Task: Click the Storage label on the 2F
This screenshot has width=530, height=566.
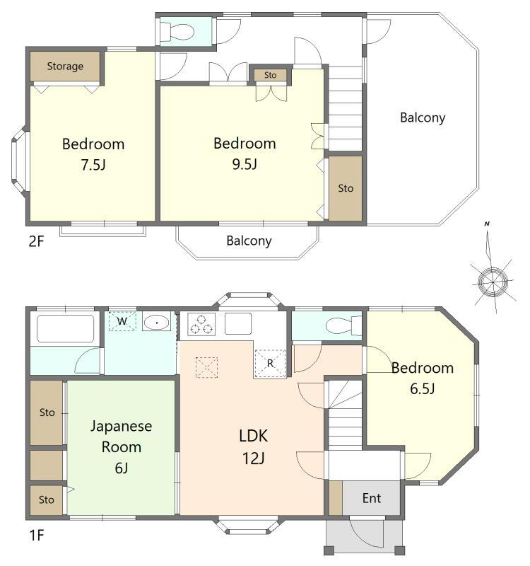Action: tap(65, 67)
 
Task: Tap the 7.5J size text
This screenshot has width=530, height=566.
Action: tap(93, 165)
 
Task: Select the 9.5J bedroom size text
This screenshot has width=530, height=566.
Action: tap(245, 164)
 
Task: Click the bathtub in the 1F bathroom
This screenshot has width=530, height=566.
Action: tap(66, 328)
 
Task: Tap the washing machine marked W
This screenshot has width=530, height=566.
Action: tap(122, 321)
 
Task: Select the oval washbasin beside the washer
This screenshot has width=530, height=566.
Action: tap(156, 323)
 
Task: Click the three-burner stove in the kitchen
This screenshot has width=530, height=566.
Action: tap(201, 324)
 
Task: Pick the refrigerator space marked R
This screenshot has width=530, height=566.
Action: tap(270, 364)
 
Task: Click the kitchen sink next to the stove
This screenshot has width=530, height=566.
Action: tap(238, 324)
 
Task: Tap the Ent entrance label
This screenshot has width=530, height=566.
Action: tap(372, 499)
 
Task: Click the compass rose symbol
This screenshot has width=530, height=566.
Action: tap(492, 281)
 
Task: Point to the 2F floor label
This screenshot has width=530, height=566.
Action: tap(36, 241)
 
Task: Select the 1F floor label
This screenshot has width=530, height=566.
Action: tap(36, 535)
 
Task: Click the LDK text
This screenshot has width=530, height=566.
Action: tap(253, 436)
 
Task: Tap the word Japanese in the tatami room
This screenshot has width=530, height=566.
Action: tap(121, 427)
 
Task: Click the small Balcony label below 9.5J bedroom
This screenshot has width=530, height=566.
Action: tap(249, 241)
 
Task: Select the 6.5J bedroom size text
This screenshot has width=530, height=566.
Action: tap(422, 388)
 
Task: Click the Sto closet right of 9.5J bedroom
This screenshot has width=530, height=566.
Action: tap(346, 188)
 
